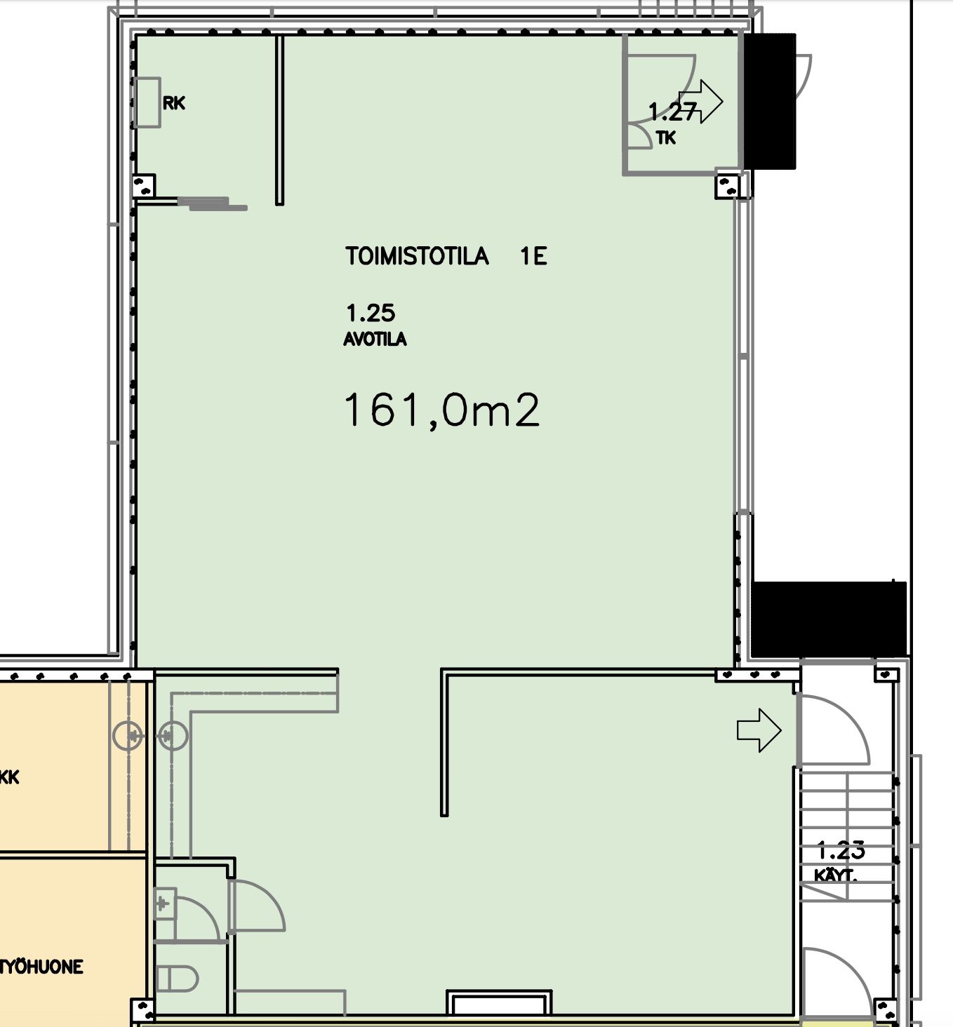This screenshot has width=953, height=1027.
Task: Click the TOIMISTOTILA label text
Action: click(x=416, y=256)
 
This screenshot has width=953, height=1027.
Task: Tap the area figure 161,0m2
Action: click(x=441, y=410)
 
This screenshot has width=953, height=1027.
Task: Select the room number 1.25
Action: click(x=371, y=312)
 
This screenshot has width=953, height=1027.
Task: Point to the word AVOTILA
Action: click(x=375, y=340)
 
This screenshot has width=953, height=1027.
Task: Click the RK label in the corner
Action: click(x=174, y=103)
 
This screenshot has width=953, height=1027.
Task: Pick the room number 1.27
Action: click(x=672, y=112)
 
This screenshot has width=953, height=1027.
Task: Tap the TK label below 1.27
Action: click(x=666, y=138)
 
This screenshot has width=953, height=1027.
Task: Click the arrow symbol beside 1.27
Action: click(x=701, y=102)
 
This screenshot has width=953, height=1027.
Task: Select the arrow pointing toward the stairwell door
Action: click(x=759, y=730)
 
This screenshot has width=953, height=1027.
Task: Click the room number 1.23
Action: click(x=841, y=851)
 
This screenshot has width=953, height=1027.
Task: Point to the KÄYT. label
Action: click(x=835, y=875)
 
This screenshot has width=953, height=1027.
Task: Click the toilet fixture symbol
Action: click(x=178, y=979)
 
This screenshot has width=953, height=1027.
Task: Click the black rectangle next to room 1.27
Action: click(x=769, y=101)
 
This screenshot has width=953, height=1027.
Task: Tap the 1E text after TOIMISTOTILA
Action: click(x=533, y=256)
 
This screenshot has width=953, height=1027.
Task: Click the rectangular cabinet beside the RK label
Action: click(x=148, y=102)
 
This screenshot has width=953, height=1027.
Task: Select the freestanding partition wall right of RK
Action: click(x=279, y=120)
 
